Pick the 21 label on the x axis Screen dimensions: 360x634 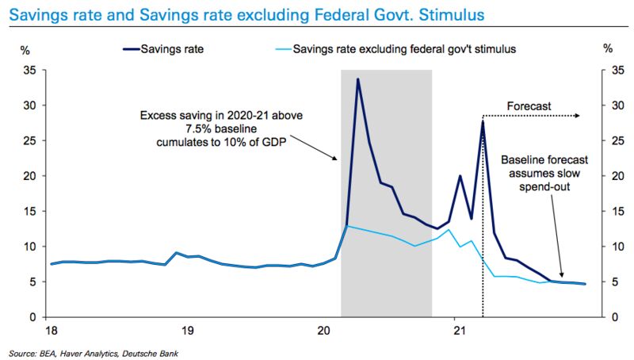tap(456, 329)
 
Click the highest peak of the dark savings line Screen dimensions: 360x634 tap(358, 79)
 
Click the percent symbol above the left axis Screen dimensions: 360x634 tap(25, 49)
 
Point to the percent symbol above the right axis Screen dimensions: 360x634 tap(608, 49)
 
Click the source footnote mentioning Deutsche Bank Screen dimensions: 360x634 tap(95, 351)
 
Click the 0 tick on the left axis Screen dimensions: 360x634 tap(33, 317)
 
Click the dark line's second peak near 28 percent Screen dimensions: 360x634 tap(483, 121)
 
